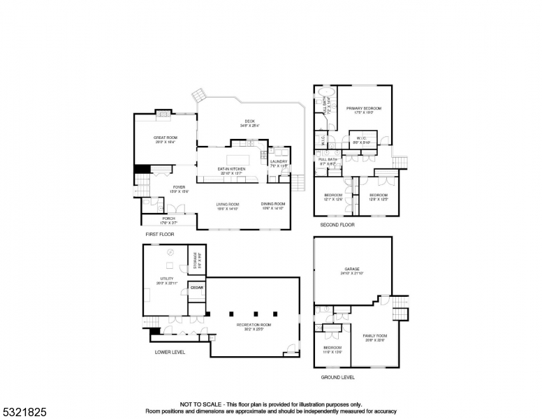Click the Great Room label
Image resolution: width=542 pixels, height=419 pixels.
[x=166, y=138]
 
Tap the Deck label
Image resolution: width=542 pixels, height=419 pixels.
[x=249, y=122]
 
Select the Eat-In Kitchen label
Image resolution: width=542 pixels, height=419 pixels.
[x=232, y=170]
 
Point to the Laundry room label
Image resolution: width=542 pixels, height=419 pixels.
[x=278, y=161]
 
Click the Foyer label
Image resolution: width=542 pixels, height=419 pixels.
[x=180, y=186]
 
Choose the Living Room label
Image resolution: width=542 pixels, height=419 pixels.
[x=227, y=204]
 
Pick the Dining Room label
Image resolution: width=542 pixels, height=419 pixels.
[x=274, y=204]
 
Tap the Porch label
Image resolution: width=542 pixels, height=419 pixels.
[x=168, y=219]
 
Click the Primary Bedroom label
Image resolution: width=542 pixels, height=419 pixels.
[x=364, y=109]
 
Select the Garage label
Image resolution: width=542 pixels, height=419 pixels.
[x=351, y=269]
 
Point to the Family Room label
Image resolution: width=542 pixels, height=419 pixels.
[x=374, y=336]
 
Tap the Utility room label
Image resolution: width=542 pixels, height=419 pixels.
[x=166, y=278]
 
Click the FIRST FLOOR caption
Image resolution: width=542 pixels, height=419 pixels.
[x=159, y=234]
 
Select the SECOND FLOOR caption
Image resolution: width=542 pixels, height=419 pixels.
[x=337, y=225]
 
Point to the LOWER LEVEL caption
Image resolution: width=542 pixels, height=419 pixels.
[x=170, y=352]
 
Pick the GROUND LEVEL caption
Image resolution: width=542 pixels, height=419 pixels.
[x=337, y=377]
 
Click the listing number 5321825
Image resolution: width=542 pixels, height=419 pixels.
[x=24, y=412]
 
